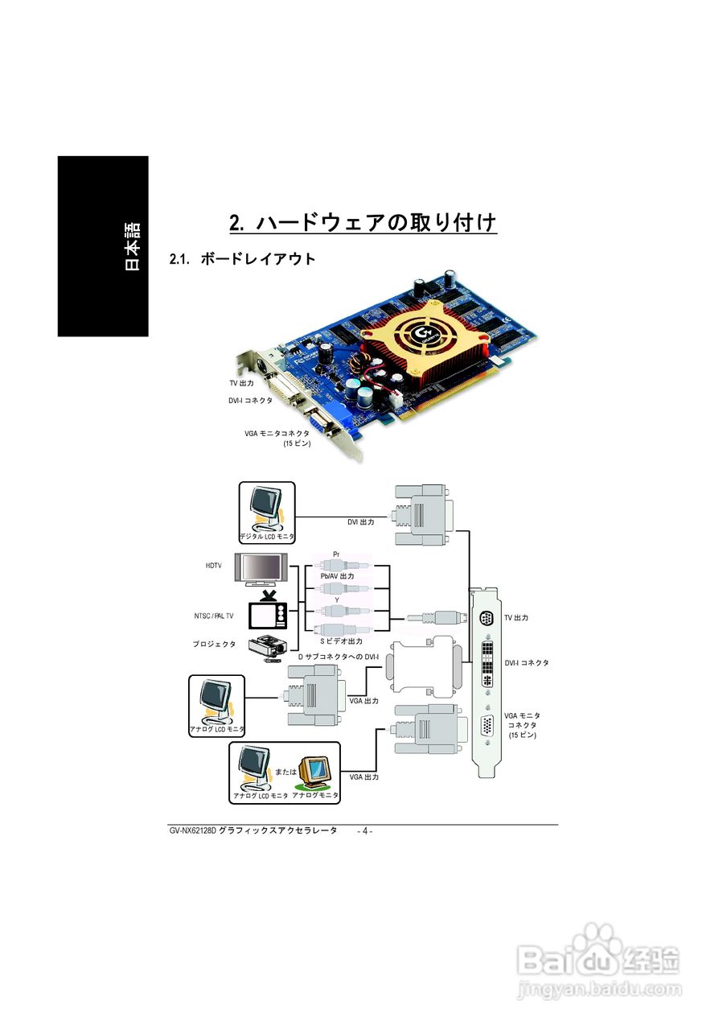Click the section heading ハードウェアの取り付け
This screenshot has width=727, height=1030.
coord(363,222)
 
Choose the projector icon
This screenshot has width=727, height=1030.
coord(268,646)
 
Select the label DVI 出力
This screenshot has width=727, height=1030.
coord(361,521)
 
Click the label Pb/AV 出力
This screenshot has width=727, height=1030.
coord(337,576)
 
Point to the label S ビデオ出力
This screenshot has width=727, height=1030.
coord(341,641)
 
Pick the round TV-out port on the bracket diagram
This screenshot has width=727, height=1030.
coord(485,618)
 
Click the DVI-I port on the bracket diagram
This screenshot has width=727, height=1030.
coord(486,664)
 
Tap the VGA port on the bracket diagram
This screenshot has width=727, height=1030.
coord(487,726)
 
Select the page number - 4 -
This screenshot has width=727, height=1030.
coord(364,831)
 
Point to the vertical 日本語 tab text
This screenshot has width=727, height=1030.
coord(132,246)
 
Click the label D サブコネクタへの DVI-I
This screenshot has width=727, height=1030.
coord(338,657)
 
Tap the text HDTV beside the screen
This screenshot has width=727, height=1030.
coord(213,566)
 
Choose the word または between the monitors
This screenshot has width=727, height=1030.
coord(285,771)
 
